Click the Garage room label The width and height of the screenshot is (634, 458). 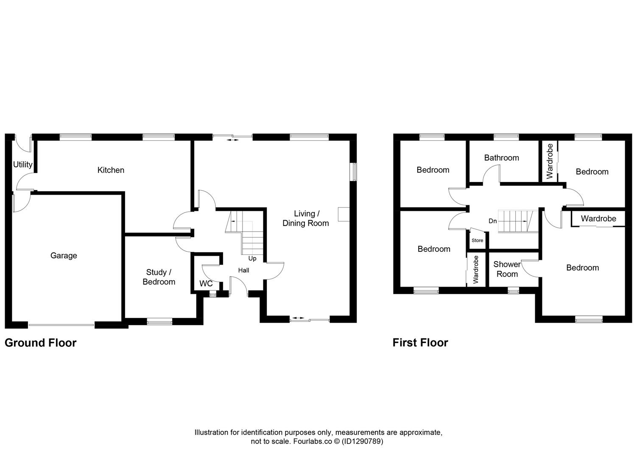click(64, 255)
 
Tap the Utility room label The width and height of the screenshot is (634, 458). click(22, 165)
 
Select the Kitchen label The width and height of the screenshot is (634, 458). click(111, 170)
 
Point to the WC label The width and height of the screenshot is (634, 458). click(206, 284)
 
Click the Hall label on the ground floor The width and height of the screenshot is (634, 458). click(243, 270)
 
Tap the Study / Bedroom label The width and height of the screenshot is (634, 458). click(159, 277)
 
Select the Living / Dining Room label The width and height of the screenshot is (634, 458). click(305, 218)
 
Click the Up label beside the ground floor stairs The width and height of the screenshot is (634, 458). click(252, 258)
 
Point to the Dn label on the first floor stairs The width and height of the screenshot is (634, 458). click(492, 221)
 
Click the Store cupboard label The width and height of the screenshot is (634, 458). click(477, 240)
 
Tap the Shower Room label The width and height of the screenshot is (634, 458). click(507, 269)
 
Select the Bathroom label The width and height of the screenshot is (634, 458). click(501, 158)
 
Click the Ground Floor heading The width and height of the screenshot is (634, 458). click(40, 343)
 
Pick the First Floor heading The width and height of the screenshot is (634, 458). click(420, 343)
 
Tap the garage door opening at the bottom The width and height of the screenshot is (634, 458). click(61, 325)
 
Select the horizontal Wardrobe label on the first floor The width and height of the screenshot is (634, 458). click(598, 219)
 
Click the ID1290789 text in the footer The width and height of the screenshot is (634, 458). click(362, 441)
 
